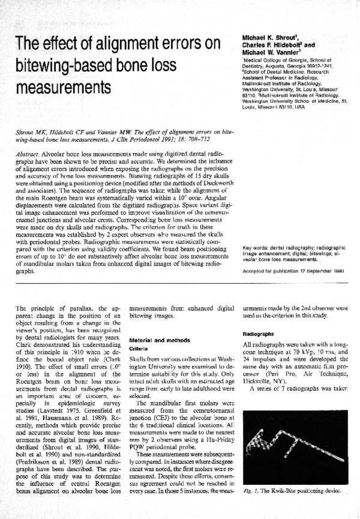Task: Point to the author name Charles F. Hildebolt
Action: click(274, 45)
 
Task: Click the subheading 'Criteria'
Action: click(139, 348)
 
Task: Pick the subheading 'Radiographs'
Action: click(258, 333)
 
